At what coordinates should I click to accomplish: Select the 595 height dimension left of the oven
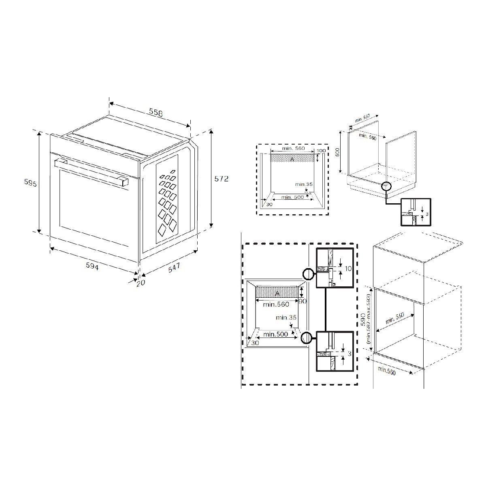(x=31, y=183)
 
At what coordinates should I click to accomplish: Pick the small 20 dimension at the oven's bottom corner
(x=140, y=283)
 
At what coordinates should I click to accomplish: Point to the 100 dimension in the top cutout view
(x=321, y=151)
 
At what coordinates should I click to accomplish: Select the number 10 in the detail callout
(x=347, y=269)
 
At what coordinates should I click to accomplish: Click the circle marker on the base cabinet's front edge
(x=386, y=186)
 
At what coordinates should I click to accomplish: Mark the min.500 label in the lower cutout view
(x=275, y=334)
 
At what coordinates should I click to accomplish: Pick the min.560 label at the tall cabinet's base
(x=386, y=371)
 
